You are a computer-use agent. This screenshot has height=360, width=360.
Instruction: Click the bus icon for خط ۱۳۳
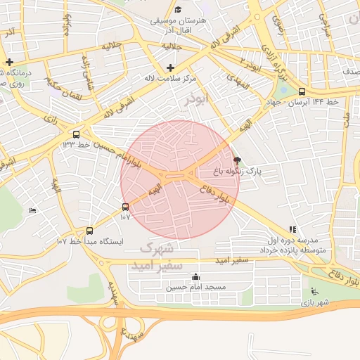tap(76, 134)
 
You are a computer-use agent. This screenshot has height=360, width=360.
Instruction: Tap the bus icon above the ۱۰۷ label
tap(125, 207)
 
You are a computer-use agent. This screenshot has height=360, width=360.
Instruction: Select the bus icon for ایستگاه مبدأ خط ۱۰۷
tap(89, 230)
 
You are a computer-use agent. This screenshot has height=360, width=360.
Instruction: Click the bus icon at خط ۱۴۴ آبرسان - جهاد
tap(302, 91)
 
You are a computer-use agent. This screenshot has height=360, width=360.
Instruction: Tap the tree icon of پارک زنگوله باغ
tap(236, 160)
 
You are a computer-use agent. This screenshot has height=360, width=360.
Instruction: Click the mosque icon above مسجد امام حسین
tap(195, 277)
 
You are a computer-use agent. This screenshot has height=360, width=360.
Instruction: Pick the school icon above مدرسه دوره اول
tap(292, 229)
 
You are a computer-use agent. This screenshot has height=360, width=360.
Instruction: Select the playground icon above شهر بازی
tap(314, 292)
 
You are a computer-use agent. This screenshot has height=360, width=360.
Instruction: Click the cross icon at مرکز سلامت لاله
tap(170, 67)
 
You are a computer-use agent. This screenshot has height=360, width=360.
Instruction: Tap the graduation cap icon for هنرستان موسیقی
tap(178, 10)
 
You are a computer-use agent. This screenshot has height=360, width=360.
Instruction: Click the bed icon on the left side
tap(32, 210)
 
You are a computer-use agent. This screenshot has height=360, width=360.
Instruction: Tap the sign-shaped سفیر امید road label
tap(231, 260)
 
